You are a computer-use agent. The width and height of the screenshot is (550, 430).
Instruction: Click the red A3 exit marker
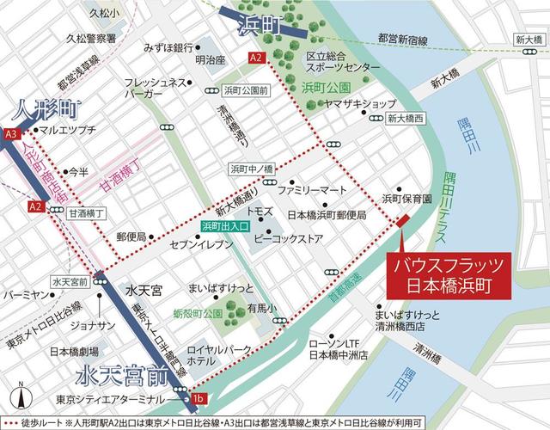[x=11, y=134]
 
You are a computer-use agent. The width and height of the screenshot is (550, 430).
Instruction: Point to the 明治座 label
[x=210, y=60]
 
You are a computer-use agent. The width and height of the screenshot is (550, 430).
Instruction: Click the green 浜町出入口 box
[x=225, y=226]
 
